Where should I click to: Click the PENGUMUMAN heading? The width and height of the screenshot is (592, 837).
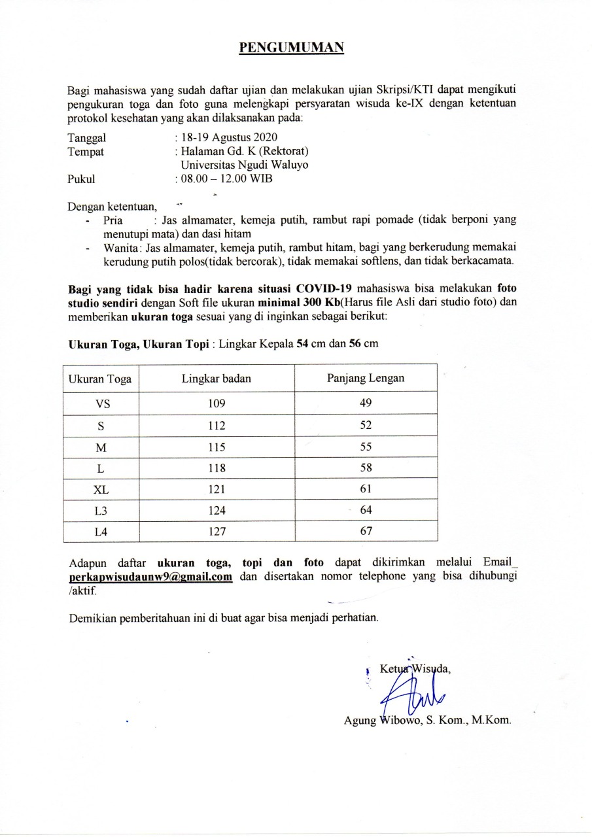(x=290, y=47)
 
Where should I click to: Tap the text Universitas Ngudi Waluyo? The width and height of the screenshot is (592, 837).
(x=244, y=165)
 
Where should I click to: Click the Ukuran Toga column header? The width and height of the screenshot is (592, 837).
(x=101, y=379)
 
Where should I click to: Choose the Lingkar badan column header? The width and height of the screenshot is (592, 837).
(x=217, y=378)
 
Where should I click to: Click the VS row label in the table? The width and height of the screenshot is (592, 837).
(x=102, y=403)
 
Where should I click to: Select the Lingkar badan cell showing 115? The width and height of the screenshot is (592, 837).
(x=217, y=447)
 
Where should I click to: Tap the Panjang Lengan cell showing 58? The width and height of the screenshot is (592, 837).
(x=366, y=468)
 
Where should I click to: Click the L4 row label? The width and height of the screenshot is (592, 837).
(x=101, y=532)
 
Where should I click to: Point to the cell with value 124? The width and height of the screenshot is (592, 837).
(x=217, y=511)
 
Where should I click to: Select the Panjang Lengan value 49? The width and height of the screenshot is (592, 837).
(x=366, y=403)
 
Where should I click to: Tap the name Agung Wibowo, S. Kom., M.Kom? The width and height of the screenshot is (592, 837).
(x=427, y=721)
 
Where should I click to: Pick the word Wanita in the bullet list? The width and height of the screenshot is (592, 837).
(x=118, y=248)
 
